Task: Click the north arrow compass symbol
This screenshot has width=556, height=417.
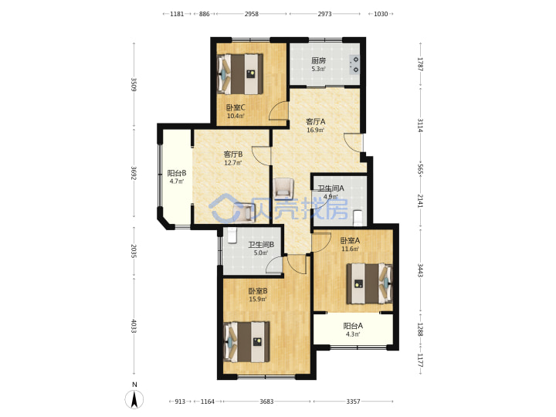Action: click(x=134, y=400)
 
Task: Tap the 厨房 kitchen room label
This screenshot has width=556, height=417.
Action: click(x=318, y=61)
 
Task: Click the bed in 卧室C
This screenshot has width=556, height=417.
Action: click(x=240, y=74)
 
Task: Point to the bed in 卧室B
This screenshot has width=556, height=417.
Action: click(x=247, y=342)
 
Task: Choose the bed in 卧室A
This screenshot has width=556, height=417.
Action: click(x=369, y=283)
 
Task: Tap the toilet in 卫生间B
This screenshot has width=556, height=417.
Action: click(x=232, y=236)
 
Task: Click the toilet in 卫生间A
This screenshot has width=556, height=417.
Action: click(x=358, y=218)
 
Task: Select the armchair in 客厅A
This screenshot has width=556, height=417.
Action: click(x=283, y=187)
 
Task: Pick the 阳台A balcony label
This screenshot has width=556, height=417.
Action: click(x=353, y=326)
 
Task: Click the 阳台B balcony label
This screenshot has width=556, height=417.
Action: click(x=177, y=173)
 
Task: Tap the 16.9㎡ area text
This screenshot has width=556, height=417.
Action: click(x=316, y=131)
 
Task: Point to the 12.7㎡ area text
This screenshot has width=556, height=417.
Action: click(x=233, y=163)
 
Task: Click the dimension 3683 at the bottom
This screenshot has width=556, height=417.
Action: click(x=266, y=402)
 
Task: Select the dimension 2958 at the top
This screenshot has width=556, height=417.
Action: click(x=252, y=14)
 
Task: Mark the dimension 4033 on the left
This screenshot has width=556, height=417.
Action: click(x=134, y=326)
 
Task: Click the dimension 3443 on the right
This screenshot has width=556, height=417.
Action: click(x=420, y=270)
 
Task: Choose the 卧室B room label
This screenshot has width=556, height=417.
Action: click(x=258, y=291)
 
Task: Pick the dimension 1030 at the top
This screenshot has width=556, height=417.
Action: click(x=381, y=14)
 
